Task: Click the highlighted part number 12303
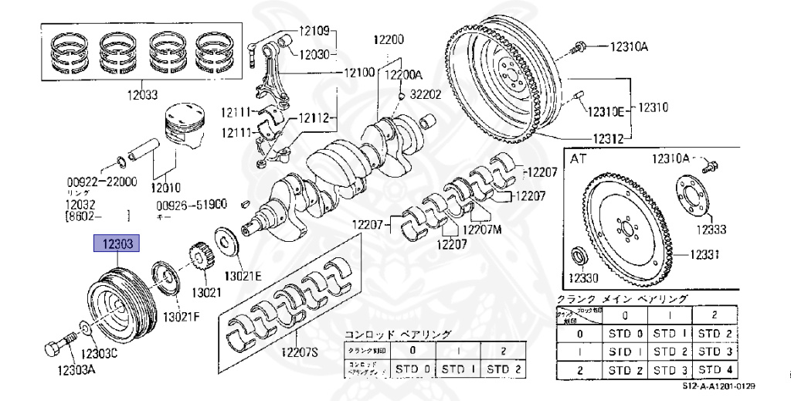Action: point(117,244)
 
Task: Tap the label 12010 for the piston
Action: point(165,187)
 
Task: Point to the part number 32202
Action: point(425,94)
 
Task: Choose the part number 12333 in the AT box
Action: point(710,229)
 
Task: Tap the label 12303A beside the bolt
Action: point(76,370)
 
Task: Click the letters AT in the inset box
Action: point(578,158)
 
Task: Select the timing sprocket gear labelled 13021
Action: point(200,257)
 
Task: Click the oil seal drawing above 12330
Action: point(578,256)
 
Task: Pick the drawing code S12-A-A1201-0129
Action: point(718,386)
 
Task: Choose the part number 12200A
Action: point(404,75)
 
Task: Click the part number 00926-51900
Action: point(192,205)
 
